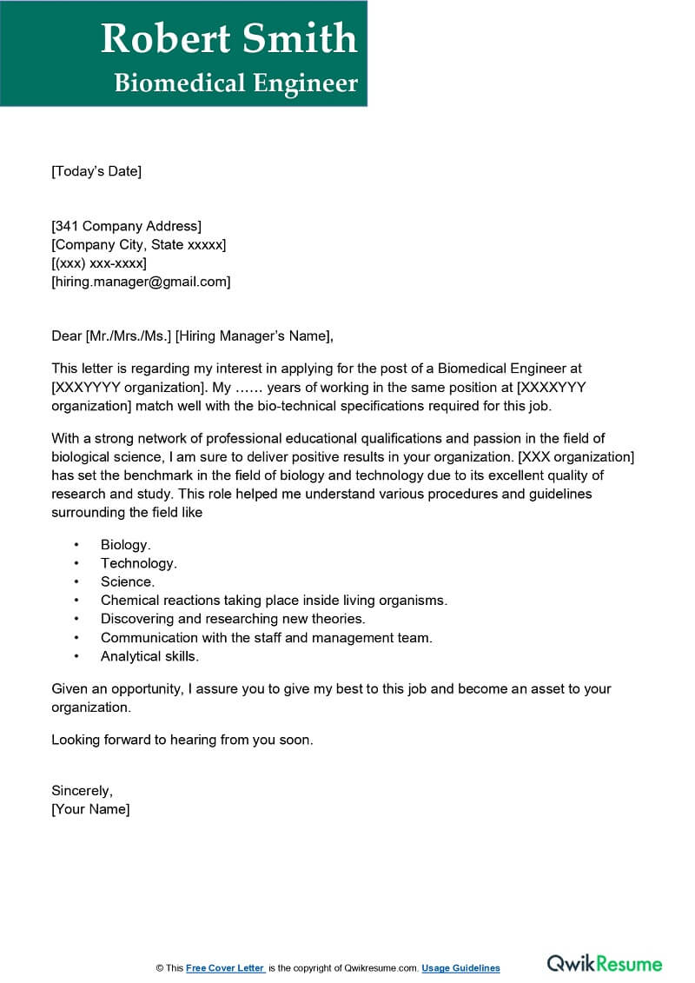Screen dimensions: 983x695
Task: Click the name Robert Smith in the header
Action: coord(228,38)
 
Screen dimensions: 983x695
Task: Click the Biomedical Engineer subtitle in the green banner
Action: coord(235,83)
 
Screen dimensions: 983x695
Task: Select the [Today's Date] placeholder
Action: coord(96,171)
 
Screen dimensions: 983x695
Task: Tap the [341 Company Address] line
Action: coord(126,227)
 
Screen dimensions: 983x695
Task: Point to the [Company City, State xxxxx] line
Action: coord(138,245)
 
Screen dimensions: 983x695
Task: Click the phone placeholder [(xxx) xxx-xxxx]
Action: coord(99,263)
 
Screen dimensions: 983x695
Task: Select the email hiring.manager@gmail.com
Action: coord(141,282)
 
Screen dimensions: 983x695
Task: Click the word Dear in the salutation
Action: coord(66,335)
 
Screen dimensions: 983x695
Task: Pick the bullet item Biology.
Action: coord(126,545)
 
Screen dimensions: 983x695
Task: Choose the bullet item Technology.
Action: coord(139,563)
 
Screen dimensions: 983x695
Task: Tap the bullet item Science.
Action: coord(128,582)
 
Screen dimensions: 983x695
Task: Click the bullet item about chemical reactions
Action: coord(274,601)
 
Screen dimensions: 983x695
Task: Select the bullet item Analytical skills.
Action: coord(149,656)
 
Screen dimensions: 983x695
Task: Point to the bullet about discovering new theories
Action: coord(233,619)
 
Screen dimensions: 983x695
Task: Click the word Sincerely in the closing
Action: coord(82,791)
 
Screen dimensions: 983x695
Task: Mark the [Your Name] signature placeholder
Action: coord(90,809)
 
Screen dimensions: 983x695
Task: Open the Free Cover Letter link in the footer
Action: coord(225,968)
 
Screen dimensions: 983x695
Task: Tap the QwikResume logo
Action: coord(604,964)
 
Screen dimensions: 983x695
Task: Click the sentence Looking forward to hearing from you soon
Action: coord(182,741)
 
